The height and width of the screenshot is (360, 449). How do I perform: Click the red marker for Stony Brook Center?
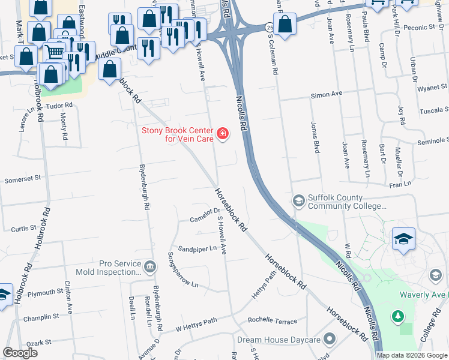[223, 133]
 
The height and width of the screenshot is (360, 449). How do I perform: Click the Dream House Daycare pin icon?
[329, 340]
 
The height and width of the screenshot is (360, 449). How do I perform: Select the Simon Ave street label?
[326, 95]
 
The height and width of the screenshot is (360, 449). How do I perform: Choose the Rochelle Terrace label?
[273, 321]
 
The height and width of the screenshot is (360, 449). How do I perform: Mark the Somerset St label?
[22, 178]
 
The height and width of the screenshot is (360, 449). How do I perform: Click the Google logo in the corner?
[20, 352]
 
